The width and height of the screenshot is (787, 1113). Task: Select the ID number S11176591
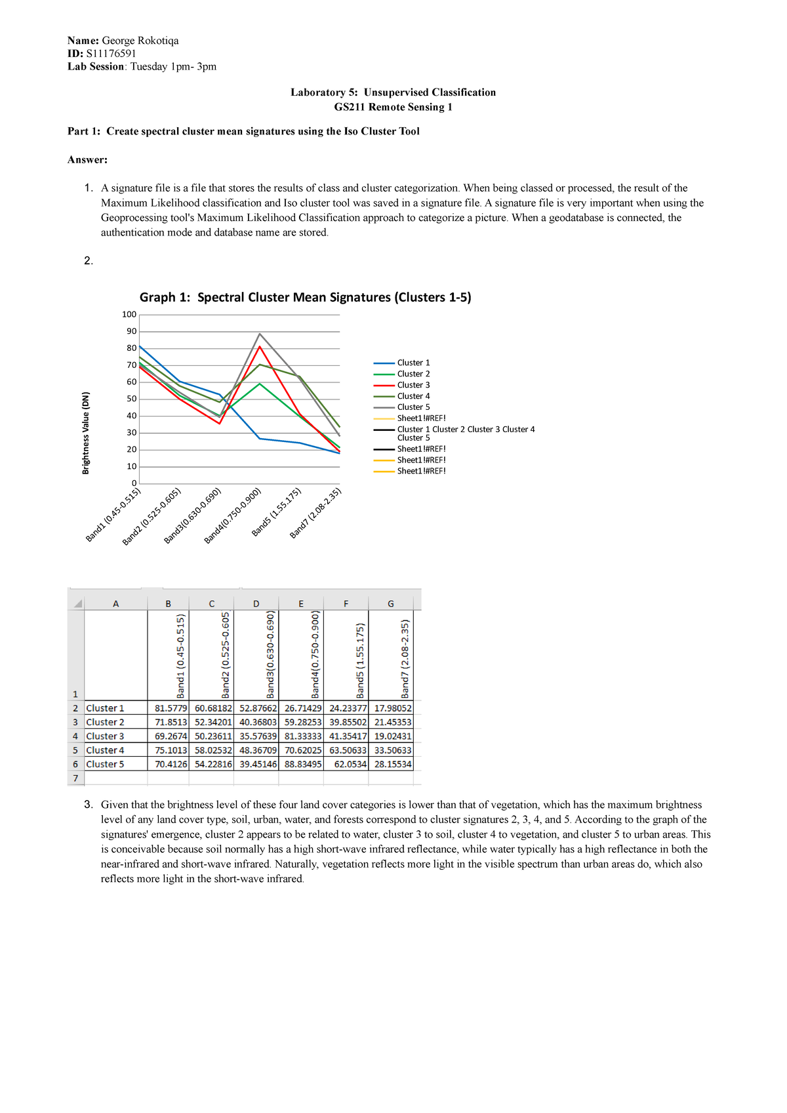[111, 54]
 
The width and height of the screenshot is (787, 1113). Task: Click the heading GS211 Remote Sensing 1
[393, 107]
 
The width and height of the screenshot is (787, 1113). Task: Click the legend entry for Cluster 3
[413, 385]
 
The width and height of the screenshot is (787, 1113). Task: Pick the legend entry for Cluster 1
[413, 363]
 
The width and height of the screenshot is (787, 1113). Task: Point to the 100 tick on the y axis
[129, 315]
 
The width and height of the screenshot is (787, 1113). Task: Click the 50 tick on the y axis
[131, 399]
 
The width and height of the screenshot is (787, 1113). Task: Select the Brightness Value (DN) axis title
[85, 433]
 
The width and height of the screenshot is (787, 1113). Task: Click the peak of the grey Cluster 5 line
[260, 334]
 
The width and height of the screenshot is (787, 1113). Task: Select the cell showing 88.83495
[303, 764]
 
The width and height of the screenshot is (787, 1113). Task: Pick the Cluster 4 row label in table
[105, 750]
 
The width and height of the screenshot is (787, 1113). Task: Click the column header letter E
[301, 603]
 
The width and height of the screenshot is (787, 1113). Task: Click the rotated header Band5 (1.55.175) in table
[360, 660]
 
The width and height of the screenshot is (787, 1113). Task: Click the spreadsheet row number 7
[75, 779]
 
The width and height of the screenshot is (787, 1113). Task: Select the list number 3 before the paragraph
[88, 805]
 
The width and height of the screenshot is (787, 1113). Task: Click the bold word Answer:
[87, 160]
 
